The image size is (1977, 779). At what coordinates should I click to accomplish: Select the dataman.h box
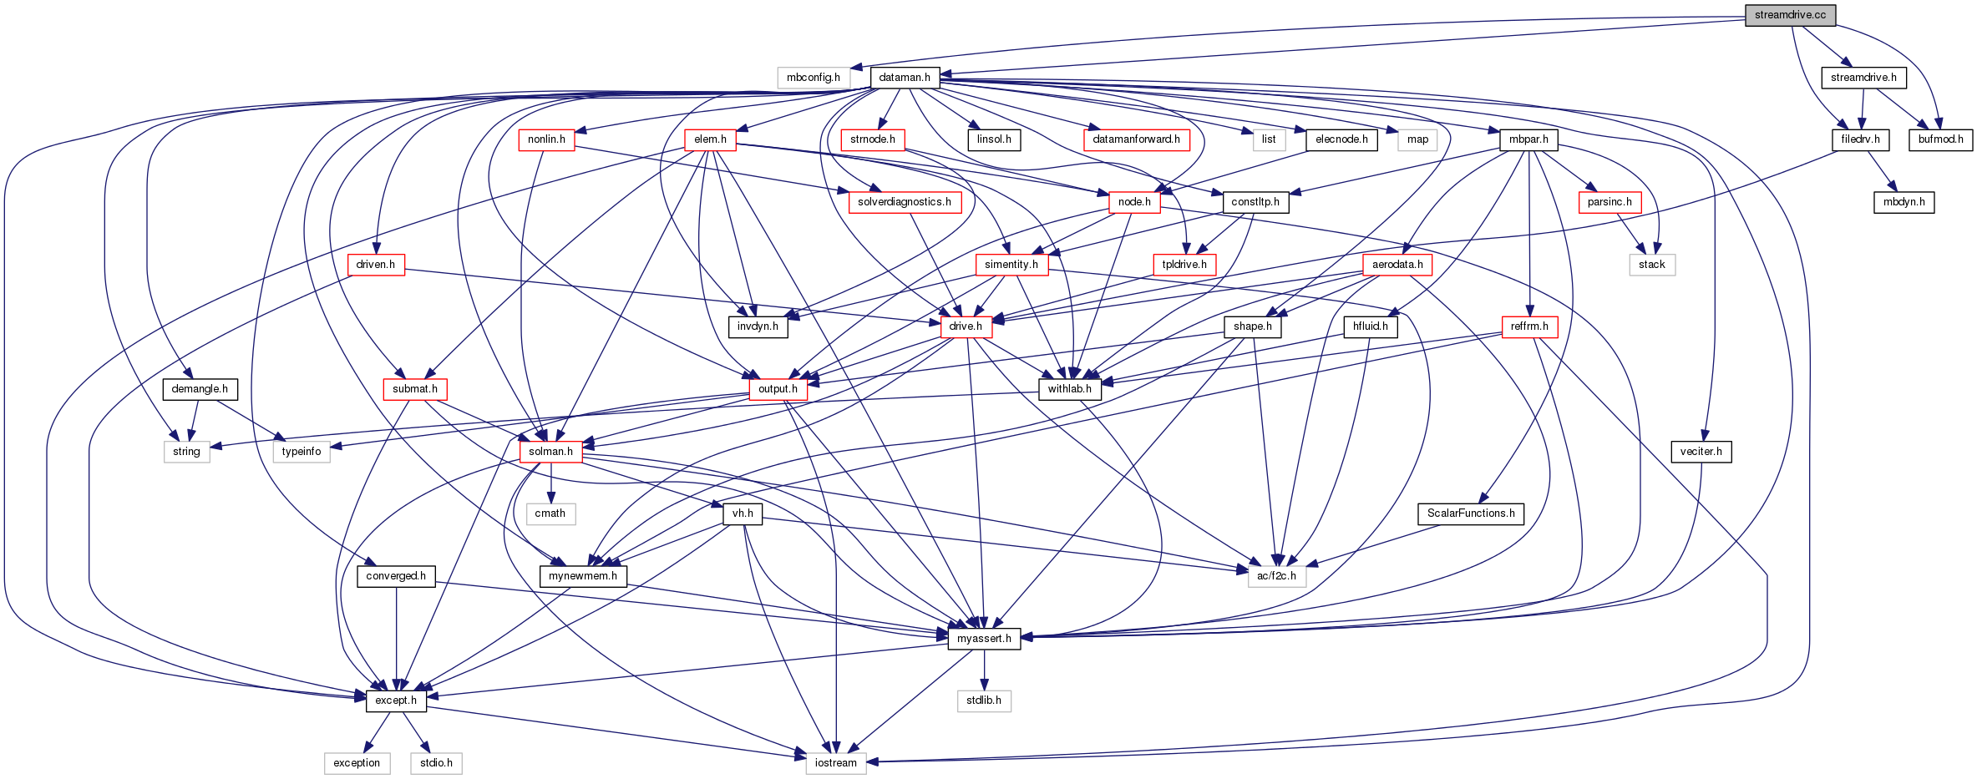[905, 78]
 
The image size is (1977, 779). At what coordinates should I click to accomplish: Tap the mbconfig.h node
[813, 78]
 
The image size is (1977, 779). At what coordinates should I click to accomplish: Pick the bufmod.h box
[1939, 139]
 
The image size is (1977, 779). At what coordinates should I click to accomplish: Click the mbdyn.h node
[1903, 202]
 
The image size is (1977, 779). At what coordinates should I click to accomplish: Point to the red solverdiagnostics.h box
[904, 202]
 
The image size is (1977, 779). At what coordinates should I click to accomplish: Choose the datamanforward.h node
[1136, 139]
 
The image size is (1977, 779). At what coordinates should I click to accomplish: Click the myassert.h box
[984, 639]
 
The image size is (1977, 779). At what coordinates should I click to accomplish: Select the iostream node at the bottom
[835, 763]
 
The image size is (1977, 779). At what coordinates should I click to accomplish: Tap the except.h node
[396, 701]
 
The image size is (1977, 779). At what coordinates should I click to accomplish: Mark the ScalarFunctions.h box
[1470, 513]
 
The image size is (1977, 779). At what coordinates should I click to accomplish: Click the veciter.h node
[1701, 452]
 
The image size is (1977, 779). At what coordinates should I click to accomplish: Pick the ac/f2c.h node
[1276, 576]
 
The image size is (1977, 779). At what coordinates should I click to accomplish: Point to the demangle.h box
[200, 389]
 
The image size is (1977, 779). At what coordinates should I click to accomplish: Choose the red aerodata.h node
[1397, 265]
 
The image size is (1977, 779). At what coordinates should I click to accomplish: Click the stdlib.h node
[984, 701]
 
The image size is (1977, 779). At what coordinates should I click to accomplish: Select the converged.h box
[396, 576]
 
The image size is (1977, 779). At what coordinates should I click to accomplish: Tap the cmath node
[550, 513]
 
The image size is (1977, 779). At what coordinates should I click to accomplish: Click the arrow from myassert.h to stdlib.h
[984, 670]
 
